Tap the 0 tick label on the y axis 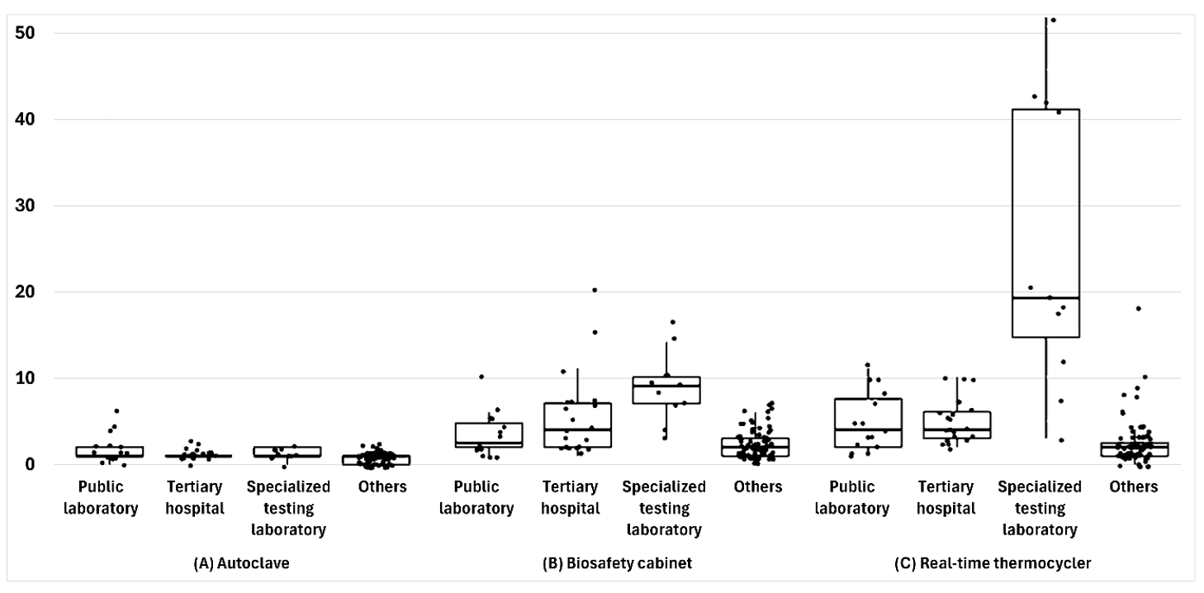(30, 464)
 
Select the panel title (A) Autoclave (241, 563)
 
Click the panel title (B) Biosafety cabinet (617, 563)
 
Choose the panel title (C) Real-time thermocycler (993, 563)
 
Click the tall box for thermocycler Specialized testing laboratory (1045, 223)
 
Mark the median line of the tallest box (1045, 297)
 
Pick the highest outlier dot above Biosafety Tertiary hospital (595, 291)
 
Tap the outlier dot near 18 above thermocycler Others (1138, 309)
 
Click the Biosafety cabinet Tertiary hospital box (577, 425)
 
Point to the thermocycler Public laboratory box (868, 423)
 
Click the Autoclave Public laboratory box (110, 452)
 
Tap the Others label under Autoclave (382, 486)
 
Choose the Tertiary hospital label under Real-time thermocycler (946, 497)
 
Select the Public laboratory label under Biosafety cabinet (476, 497)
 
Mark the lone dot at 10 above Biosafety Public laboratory (481, 377)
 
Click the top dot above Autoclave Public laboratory (116, 410)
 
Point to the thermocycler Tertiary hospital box (957, 425)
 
